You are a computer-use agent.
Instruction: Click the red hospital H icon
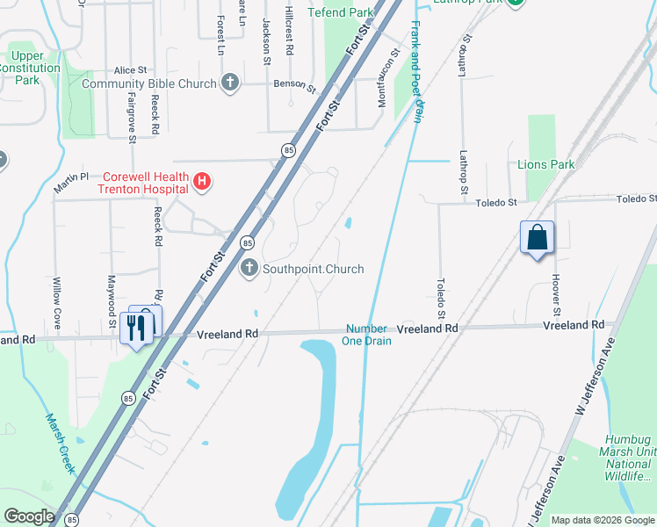tap(202, 182)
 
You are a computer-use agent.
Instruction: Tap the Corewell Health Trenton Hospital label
tap(144, 182)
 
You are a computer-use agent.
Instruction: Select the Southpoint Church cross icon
tap(249, 269)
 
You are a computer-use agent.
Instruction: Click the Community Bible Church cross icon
tap(230, 83)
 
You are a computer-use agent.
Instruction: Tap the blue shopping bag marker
tap(537, 238)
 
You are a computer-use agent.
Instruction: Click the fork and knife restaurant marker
tap(135, 327)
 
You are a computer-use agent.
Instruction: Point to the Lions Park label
tap(545, 164)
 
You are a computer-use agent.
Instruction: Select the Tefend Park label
tap(341, 12)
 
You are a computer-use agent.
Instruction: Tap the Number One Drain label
tap(366, 334)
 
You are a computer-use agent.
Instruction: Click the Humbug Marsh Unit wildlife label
tap(631, 458)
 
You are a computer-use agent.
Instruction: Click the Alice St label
tap(130, 70)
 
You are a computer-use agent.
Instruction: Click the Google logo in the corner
tap(29, 516)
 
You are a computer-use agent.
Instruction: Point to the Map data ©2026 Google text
tap(603, 520)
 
